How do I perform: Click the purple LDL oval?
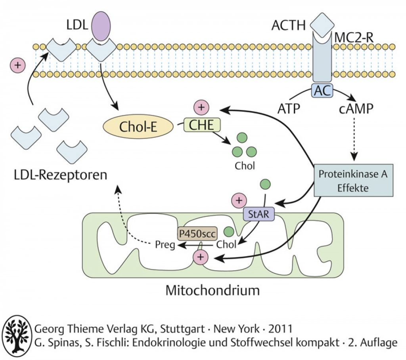click(101, 26)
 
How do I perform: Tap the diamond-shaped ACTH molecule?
click(322, 25)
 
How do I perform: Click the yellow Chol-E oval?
click(138, 127)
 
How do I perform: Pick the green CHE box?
click(202, 125)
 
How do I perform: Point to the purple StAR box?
click(259, 214)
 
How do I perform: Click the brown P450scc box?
click(197, 234)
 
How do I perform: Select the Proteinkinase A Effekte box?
click(353, 180)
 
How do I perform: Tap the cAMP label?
click(356, 109)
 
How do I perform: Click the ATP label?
click(289, 109)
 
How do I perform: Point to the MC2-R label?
click(354, 38)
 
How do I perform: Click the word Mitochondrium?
click(213, 290)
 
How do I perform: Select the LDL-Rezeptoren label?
click(60, 175)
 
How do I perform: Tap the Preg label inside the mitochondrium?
click(165, 245)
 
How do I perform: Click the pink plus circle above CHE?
click(201, 107)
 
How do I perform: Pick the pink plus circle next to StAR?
click(239, 200)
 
